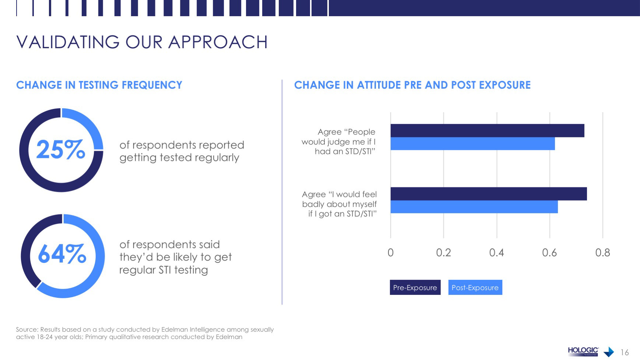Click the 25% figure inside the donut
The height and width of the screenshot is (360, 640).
61,150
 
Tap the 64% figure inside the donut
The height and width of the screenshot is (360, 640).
62,254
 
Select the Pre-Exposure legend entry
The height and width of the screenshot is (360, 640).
415,287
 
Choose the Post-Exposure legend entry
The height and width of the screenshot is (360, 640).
475,287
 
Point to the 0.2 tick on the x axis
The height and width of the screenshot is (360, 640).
443,253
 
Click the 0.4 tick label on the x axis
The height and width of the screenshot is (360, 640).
496,253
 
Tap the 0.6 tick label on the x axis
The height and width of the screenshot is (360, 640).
549,253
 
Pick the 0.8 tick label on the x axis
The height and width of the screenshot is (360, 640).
602,253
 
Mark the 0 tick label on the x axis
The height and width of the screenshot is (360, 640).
391,253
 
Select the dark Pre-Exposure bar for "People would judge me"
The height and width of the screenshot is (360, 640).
487,131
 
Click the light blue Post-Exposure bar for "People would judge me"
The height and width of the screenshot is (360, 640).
472,144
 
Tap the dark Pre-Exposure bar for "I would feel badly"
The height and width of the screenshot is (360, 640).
489,194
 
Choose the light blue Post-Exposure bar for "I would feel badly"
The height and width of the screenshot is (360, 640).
474,207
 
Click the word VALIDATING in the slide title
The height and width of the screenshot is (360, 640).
68,42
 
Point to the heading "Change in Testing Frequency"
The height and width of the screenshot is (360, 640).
99,85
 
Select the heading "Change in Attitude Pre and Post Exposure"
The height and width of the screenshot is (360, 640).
412,85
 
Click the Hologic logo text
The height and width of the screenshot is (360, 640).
583,350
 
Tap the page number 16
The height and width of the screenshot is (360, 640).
625,352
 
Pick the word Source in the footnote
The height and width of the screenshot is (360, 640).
27,329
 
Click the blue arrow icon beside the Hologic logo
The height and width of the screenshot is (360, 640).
609,352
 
